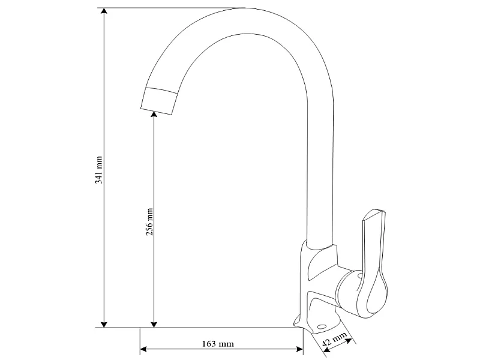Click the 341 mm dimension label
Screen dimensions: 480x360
(x=98, y=170)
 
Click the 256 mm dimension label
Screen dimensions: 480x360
(x=149, y=221)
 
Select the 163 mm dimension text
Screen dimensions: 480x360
(x=218, y=344)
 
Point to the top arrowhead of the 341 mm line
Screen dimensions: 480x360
(x=104, y=11)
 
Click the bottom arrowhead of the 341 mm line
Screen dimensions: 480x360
(x=104, y=324)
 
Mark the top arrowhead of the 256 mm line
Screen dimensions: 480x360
(x=154, y=114)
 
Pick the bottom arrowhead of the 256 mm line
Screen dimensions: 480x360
(x=154, y=324)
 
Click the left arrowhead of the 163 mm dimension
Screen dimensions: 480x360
(x=143, y=349)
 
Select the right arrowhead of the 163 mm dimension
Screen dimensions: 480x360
(x=299, y=349)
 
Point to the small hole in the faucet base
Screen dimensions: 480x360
(x=322, y=326)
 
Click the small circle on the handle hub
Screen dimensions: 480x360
(x=361, y=276)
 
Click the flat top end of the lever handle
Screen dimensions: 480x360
(x=373, y=214)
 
